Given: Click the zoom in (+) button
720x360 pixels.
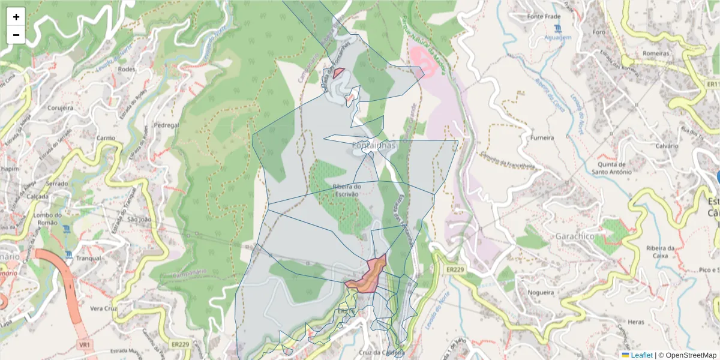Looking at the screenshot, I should pyautogui.click(x=16, y=17).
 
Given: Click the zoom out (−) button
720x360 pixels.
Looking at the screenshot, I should pyautogui.click(x=16, y=35).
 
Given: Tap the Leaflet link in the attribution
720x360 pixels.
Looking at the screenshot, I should pyautogui.click(x=641, y=355).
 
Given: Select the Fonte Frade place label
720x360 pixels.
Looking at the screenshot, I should pyautogui.click(x=543, y=16).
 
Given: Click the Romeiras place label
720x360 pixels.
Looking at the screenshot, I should pyautogui.click(x=655, y=53).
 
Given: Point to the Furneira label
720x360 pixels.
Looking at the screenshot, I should pyautogui.click(x=542, y=137).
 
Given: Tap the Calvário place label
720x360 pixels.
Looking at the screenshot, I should pyautogui.click(x=666, y=146).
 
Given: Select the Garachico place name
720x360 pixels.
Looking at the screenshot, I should pyautogui.click(x=575, y=236).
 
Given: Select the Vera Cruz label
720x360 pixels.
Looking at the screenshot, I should pyautogui.click(x=102, y=308).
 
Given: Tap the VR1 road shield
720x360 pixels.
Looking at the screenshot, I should pyautogui.click(x=84, y=345).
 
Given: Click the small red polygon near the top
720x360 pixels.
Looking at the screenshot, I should pyautogui.click(x=338, y=73).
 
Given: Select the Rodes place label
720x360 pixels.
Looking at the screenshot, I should pyautogui.click(x=127, y=69).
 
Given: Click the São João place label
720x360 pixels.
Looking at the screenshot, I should pyautogui.click(x=140, y=220).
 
